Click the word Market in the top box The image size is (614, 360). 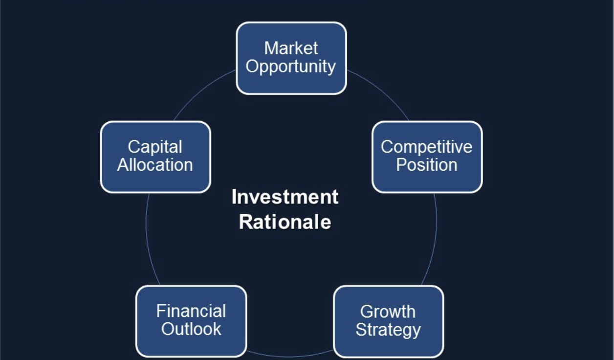[291, 48]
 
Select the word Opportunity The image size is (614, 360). [291, 67]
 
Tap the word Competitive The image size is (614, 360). [426, 147]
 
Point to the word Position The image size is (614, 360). [426, 165]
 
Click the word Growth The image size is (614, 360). [388, 311]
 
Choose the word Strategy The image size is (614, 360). [388, 329]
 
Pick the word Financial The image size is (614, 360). [191, 311]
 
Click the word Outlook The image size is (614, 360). [191, 329]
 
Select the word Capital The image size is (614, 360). [155, 147]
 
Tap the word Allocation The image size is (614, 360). [155, 165]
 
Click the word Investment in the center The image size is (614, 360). [285, 197]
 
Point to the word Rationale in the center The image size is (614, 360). [285, 222]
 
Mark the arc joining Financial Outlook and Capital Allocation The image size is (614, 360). [149, 245]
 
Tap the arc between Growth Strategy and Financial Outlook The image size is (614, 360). [291, 357]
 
